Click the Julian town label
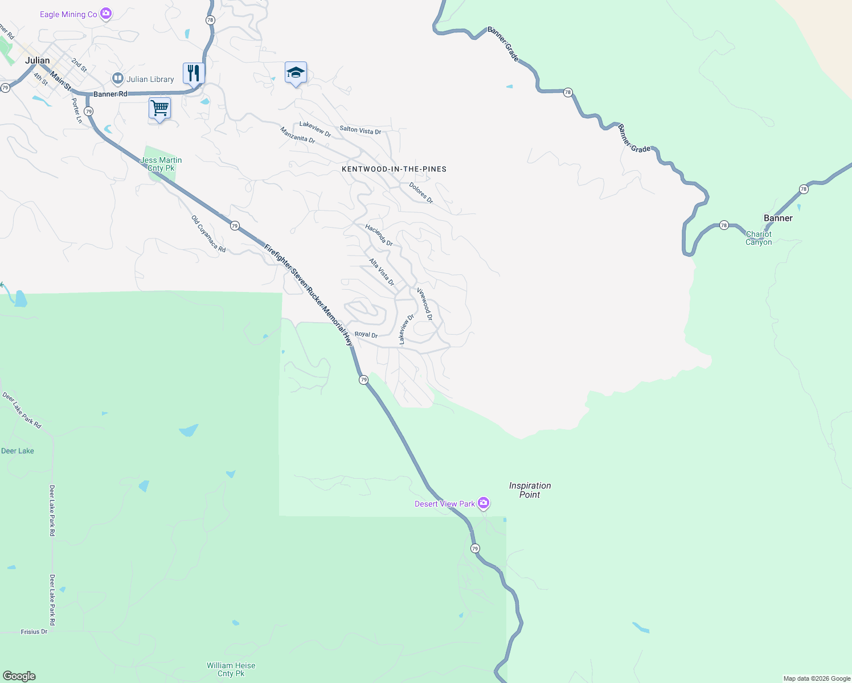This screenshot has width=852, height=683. coord(38,60)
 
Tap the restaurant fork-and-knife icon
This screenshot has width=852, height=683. coord(194,73)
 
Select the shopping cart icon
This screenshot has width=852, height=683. coord(160,108)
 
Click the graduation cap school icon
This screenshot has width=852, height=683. coord(296,72)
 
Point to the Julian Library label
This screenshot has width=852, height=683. coord(150,79)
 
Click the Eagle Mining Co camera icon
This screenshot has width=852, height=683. coord(105,14)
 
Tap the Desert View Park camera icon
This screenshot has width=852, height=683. coord(484,503)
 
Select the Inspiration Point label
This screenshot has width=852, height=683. coord(530,490)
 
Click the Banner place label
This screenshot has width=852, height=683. coord(778,218)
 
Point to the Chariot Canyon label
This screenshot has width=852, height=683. coord(759,238)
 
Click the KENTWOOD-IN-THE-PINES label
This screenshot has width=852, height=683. coord(394,169)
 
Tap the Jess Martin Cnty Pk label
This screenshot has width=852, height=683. coord(161,164)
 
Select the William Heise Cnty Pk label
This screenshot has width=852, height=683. coord(231,669)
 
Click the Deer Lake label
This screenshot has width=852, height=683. coord(18,451)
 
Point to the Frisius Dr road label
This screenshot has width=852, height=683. coord(34,632)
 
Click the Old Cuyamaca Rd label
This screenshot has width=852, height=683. coord(208,234)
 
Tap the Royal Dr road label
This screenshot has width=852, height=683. coord(366,335)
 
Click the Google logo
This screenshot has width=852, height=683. coord(19,676)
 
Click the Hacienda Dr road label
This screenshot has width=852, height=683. coord(379,234)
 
